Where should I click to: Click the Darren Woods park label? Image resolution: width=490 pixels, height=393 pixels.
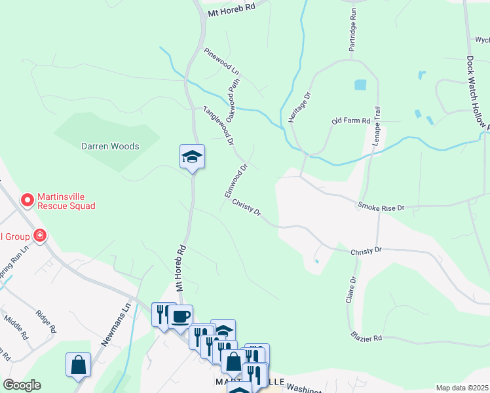pos(110,146)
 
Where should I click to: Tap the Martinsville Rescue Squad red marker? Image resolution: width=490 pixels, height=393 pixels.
pos(28,200)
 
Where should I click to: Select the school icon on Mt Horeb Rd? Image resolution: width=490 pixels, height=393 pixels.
pos(192,157)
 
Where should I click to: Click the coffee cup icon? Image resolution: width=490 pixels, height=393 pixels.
pos(180,317)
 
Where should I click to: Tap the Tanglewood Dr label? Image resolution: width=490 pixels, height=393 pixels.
pos(219,125)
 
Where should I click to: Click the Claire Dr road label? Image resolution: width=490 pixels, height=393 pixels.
pos(353,288)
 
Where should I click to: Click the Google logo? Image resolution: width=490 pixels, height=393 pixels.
pos(22,385)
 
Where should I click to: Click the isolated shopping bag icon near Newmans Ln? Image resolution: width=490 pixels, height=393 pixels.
pos(78,365)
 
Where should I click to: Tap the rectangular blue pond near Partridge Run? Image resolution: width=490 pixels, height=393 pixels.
pos(360,84)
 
